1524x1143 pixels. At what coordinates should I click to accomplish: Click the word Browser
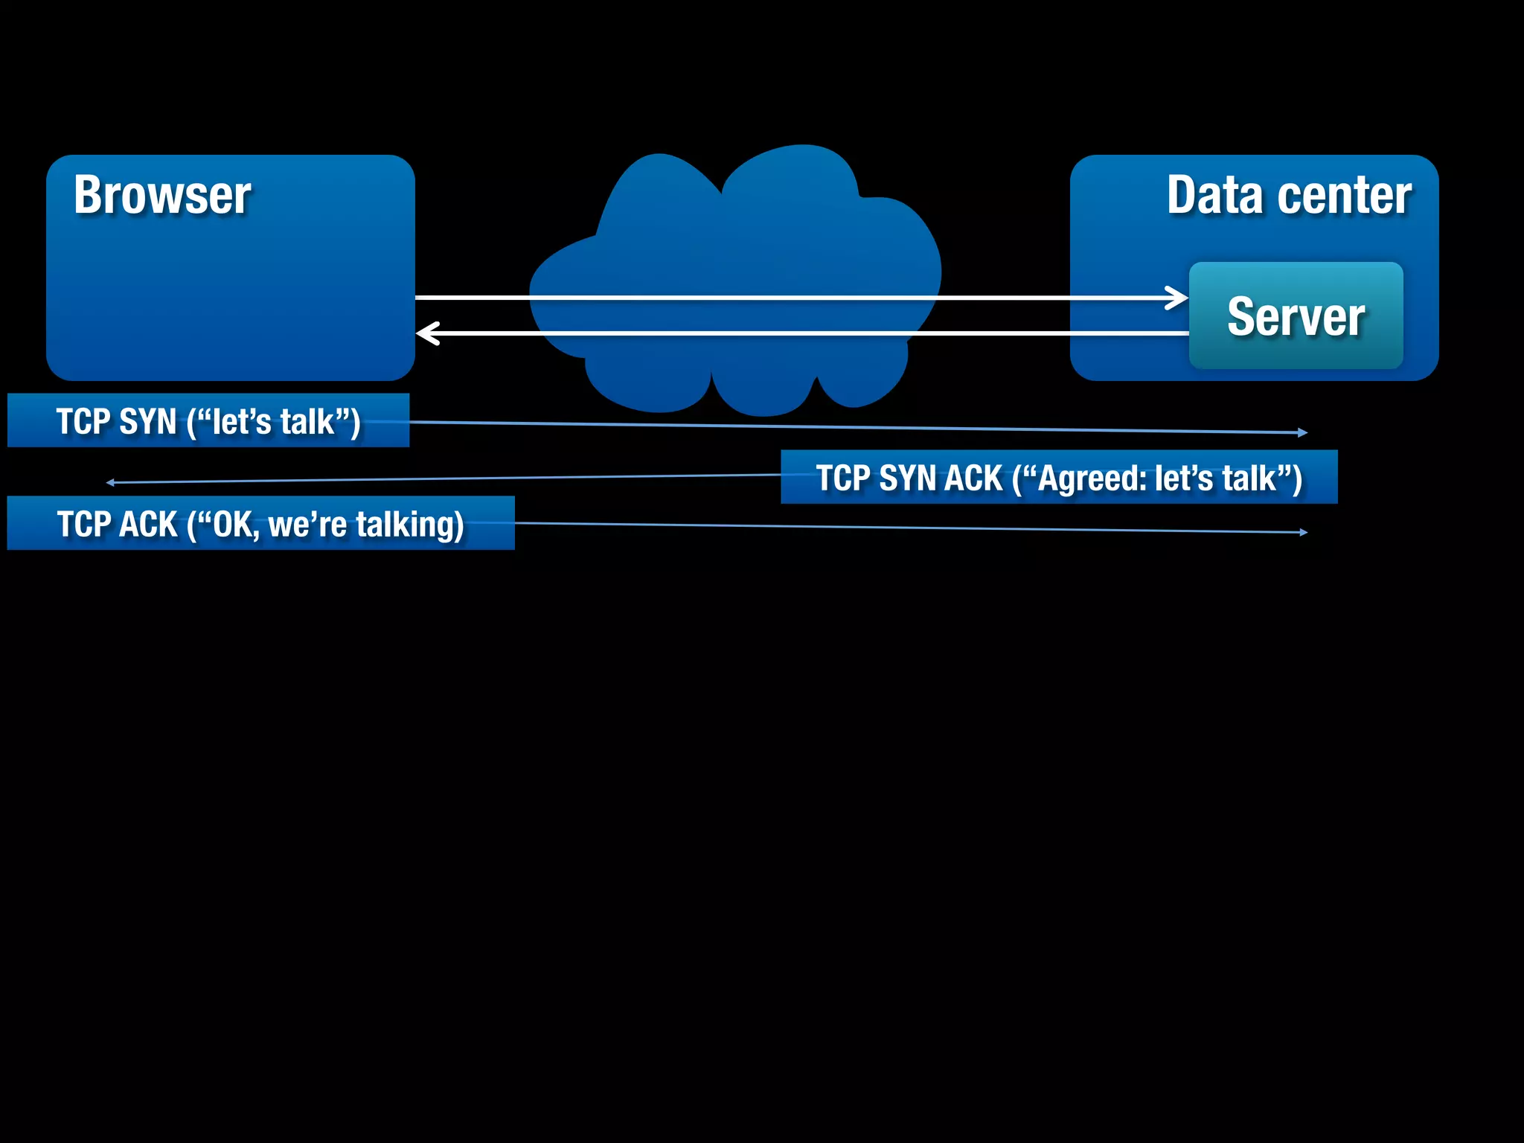(162, 196)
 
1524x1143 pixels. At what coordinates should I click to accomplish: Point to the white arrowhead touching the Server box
(1178, 298)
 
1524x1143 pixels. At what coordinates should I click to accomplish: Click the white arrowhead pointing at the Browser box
(427, 333)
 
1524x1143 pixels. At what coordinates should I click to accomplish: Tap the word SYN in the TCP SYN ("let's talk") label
(147, 422)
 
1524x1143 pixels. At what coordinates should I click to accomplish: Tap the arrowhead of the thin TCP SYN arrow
(1303, 432)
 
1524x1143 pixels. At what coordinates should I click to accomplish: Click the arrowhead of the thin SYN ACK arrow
(110, 482)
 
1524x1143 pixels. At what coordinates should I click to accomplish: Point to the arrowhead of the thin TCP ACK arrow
(1303, 532)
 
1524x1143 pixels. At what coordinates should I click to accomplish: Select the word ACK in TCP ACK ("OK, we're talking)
(148, 525)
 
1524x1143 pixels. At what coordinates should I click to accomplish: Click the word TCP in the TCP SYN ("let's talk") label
(83, 422)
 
